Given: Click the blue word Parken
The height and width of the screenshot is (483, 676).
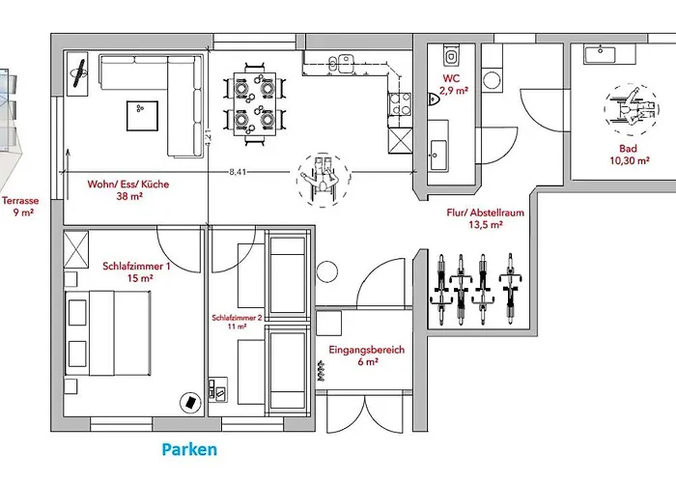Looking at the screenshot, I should [x=189, y=449].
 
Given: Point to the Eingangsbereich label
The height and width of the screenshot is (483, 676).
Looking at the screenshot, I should [x=368, y=355].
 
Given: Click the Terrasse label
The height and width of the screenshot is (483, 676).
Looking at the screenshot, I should [x=19, y=207].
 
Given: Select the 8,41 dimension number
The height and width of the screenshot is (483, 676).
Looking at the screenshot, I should [x=237, y=172].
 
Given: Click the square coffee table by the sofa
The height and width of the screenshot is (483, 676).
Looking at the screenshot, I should [x=142, y=115].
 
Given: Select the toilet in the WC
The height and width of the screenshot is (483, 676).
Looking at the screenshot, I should [x=434, y=98].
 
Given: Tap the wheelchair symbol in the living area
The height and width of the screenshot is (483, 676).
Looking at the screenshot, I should [x=320, y=178].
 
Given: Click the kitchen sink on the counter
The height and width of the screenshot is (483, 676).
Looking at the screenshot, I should [x=341, y=64].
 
